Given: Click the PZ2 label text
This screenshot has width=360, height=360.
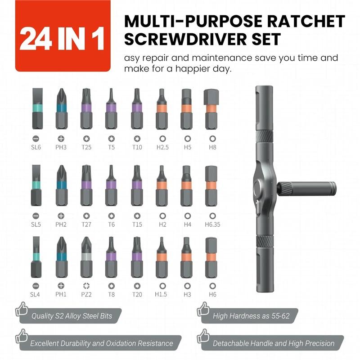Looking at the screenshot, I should (86, 295).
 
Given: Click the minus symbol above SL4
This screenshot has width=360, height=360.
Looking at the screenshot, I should (36, 286).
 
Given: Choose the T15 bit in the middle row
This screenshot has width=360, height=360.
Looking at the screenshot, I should (137, 184).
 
